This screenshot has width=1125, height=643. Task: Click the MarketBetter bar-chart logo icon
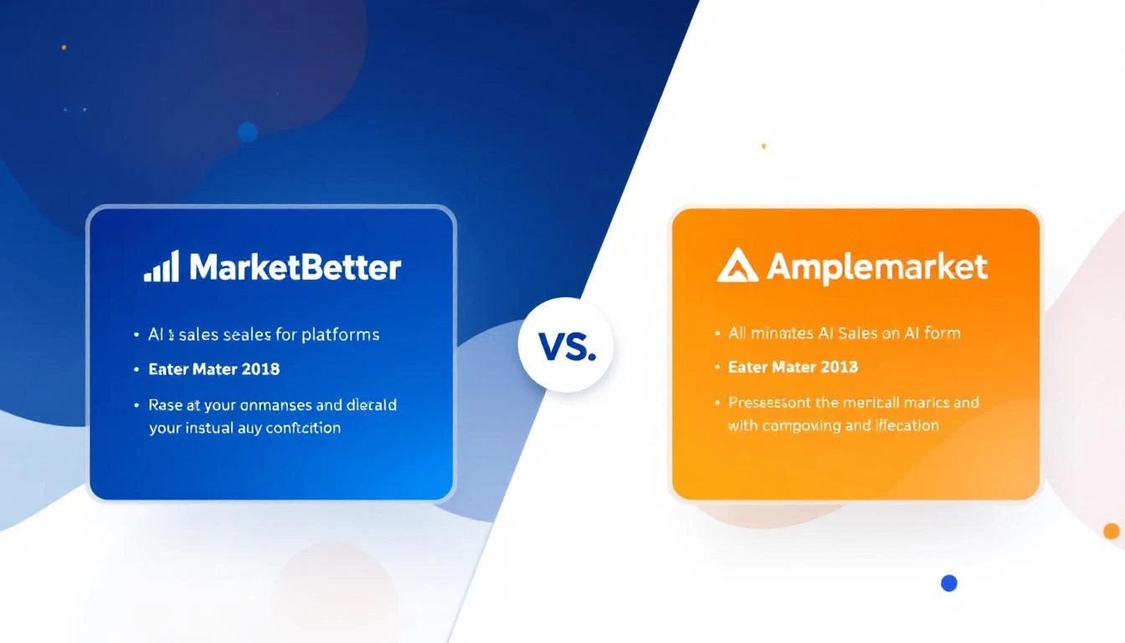tap(161, 266)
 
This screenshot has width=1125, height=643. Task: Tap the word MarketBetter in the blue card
tap(295, 267)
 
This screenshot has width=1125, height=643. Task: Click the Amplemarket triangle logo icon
tap(737, 265)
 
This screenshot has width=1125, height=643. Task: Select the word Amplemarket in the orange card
tap(876, 267)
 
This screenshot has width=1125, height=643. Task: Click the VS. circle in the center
tap(566, 346)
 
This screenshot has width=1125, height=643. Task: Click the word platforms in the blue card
tap(341, 335)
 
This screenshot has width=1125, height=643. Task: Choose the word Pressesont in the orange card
tap(771, 403)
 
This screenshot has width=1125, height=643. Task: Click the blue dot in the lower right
tap(948, 583)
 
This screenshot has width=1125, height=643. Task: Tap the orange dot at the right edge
tap(1111, 531)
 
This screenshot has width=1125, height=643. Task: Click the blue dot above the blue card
tap(247, 131)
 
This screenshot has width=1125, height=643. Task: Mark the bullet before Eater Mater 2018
tap(136, 369)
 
